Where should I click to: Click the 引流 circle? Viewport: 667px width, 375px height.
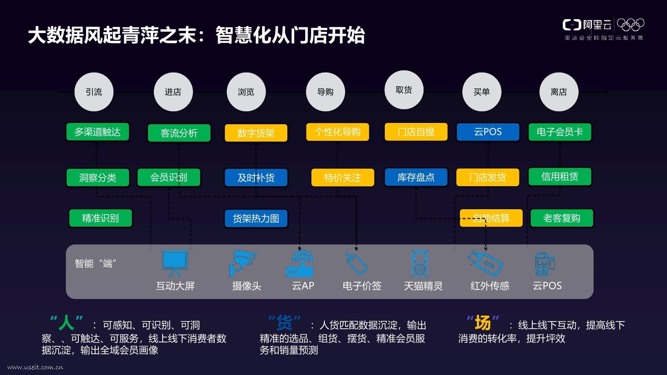point(94,92)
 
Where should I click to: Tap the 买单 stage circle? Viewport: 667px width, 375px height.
point(481,92)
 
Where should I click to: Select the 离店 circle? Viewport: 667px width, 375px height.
point(559,92)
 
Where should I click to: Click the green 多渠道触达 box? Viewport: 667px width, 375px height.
point(98,132)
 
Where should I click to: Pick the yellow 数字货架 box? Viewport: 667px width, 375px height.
point(256,133)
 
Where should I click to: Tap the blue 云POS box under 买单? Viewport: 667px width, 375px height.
point(488,132)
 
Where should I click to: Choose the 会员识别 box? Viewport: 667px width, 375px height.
point(169,177)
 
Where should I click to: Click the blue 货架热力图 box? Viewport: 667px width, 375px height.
point(256,218)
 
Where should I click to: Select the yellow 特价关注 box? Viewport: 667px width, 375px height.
point(343,177)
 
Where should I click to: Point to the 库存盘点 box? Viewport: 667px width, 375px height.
point(416,177)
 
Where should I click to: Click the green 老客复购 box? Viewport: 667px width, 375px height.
point(562,218)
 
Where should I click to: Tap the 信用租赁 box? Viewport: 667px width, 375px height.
point(559,177)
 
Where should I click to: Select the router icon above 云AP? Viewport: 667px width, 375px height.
point(299,264)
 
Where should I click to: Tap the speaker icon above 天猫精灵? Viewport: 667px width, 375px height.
point(419,264)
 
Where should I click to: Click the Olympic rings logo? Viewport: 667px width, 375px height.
point(630,25)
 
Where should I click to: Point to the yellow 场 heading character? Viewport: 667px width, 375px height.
point(483,323)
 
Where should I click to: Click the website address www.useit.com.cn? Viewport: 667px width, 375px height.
point(35,367)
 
